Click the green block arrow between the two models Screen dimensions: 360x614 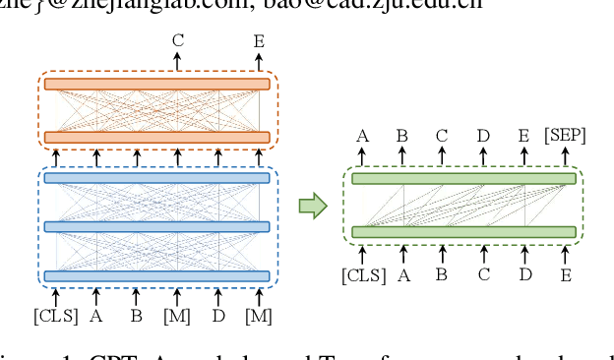312,206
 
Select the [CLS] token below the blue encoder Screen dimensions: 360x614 55,316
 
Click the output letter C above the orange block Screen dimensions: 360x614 177,39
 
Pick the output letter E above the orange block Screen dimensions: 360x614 259,39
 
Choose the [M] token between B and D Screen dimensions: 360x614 177,316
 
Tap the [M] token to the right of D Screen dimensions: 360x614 259,316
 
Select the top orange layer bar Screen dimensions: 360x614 157,84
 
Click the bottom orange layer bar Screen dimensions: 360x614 157,136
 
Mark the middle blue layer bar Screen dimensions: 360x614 157,226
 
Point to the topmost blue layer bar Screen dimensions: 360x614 157,178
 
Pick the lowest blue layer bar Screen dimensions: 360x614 157,276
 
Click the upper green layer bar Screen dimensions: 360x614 463,179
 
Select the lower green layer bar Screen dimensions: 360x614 463,232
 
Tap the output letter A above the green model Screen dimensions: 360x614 362,136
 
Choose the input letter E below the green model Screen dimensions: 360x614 567,275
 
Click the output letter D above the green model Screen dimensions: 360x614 483,136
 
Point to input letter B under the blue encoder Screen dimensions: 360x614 136,316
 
